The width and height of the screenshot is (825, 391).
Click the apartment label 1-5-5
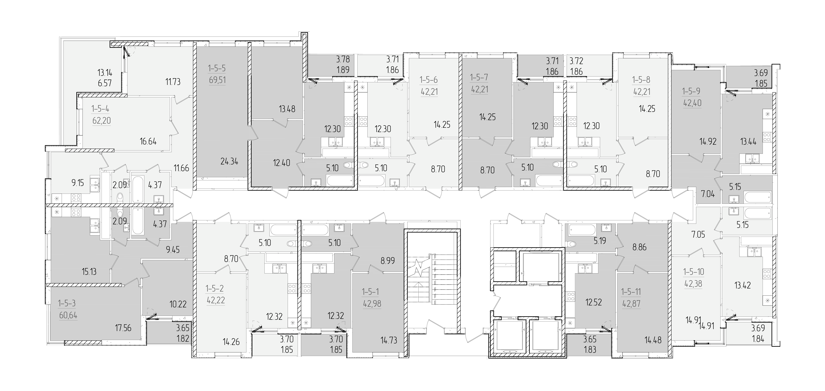pos(217,68)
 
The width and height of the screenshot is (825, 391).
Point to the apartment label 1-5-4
pos(100,109)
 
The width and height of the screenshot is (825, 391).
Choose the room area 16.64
pos(148,141)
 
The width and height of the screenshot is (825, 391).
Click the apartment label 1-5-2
pos(214,289)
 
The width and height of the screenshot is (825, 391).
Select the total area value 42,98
pos(372,303)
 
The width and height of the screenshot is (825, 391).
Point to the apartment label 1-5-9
pos(691,91)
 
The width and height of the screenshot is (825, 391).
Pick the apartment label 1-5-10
pos(694,272)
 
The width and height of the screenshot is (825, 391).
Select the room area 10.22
pos(178,304)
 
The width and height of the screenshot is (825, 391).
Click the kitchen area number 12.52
pos(594,302)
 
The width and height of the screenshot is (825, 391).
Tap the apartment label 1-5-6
pos(429,80)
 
